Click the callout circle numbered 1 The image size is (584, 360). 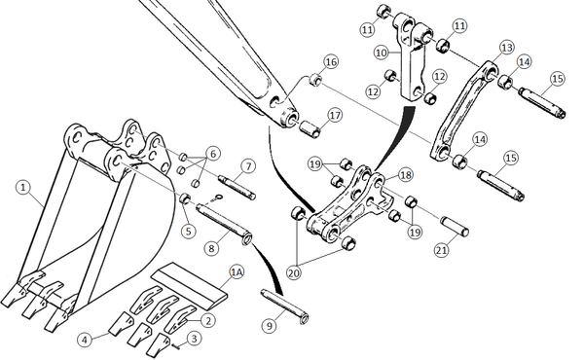(x=23, y=187)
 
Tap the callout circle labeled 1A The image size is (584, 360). (x=237, y=272)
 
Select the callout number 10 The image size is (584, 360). (x=382, y=53)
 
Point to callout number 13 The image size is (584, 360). (x=506, y=48)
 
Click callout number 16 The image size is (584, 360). (x=331, y=61)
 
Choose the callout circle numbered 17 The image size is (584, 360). (x=335, y=115)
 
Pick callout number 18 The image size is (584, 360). (x=405, y=174)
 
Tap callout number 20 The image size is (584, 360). (x=294, y=273)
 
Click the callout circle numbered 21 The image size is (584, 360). (x=441, y=250)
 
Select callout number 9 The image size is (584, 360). (x=270, y=326)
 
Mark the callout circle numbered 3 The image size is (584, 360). (x=194, y=339)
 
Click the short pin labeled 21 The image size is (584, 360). (x=455, y=226)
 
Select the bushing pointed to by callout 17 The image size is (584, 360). (x=310, y=128)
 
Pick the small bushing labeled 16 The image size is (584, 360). (x=315, y=80)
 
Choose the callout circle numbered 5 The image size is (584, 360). (x=189, y=231)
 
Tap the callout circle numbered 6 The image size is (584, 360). (x=212, y=154)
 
